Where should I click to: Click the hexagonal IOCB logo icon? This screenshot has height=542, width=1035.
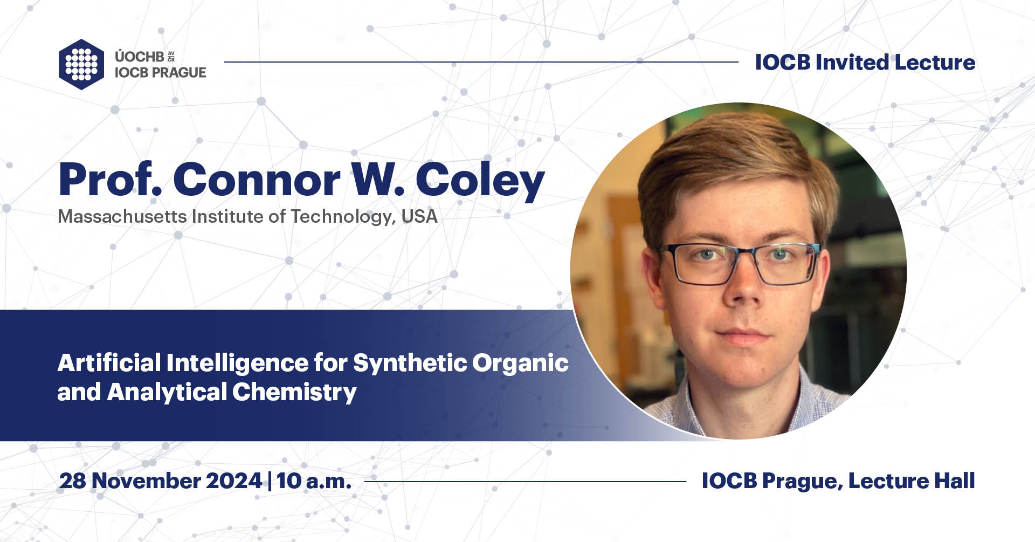click(81, 64)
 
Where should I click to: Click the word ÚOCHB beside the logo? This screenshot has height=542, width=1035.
click(139, 57)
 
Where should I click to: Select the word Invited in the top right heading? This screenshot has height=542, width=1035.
click(852, 63)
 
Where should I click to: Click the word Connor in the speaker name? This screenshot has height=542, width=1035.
click(257, 180)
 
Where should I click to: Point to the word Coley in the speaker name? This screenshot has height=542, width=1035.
click(480, 181)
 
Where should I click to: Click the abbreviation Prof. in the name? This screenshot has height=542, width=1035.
click(110, 180)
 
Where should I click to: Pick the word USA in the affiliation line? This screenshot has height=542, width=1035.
click(419, 217)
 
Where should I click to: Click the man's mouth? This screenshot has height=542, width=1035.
click(743, 335)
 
